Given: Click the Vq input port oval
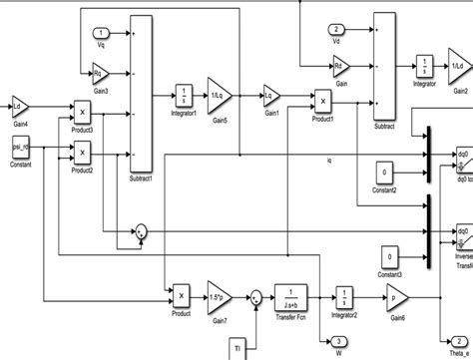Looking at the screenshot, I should coord(101,33).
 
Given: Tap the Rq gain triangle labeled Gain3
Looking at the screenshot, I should coord(100,72).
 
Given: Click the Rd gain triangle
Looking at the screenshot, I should coord(341,67).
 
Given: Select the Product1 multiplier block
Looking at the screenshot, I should coord(322,99).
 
